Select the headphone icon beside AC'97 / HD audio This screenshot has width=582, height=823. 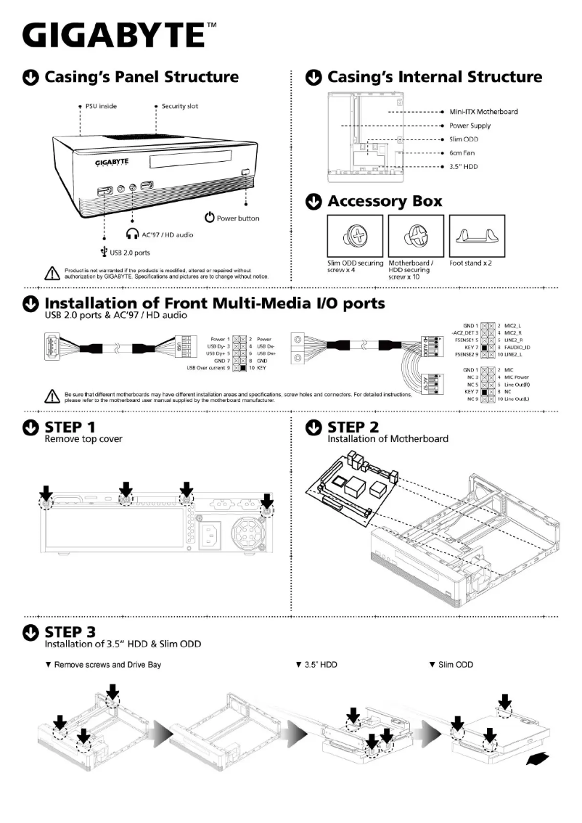click(x=131, y=234)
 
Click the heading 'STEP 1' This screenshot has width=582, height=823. click(x=70, y=426)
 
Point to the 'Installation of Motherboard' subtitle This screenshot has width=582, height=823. click(x=388, y=438)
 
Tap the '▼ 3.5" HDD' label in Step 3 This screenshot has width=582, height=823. click(x=317, y=665)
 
